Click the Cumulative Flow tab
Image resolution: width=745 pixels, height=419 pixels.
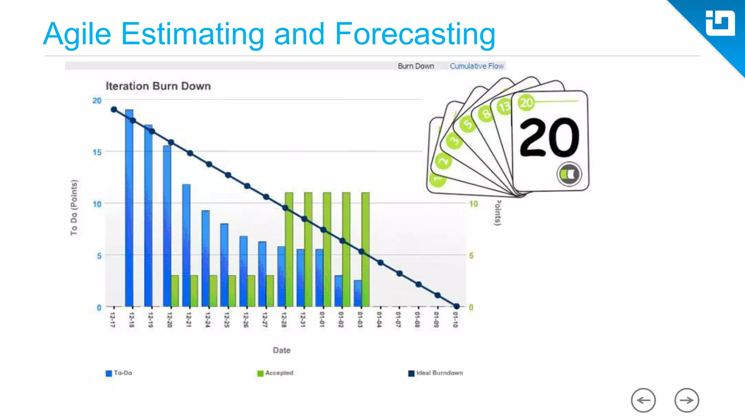[x=477, y=66]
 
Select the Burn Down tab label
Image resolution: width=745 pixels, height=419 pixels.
[x=416, y=66]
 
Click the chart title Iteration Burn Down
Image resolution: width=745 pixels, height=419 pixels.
[x=158, y=86]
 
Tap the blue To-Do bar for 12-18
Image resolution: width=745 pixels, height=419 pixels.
[x=129, y=207]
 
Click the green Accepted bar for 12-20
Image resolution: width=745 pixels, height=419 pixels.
[x=175, y=291]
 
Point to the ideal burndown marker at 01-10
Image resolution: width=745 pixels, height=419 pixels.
[x=457, y=306]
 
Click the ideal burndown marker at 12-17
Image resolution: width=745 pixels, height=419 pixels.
[x=114, y=109]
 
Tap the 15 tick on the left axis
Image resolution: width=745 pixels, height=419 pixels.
[x=97, y=152]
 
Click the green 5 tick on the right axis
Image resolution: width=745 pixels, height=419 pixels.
[x=471, y=256]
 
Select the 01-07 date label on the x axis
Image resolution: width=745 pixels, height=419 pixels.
[x=398, y=319]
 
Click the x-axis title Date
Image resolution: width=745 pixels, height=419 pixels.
[x=282, y=350]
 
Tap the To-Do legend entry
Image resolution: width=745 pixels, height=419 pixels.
[x=119, y=373]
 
